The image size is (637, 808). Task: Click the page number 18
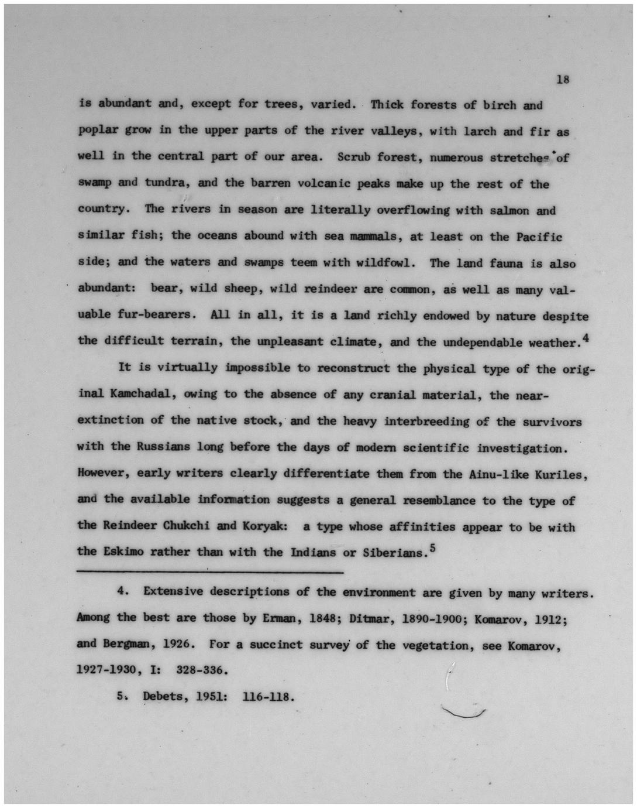click(563, 79)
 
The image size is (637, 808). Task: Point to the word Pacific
click(539, 237)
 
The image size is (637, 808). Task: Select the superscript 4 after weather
click(585, 337)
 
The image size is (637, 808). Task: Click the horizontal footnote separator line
click(210, 571)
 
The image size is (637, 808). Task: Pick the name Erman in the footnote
click(279, 618)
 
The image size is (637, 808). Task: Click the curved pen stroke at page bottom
click(464, 713)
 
